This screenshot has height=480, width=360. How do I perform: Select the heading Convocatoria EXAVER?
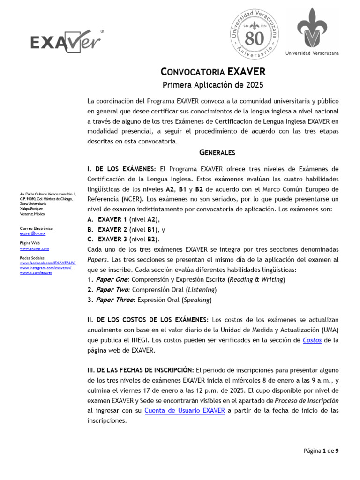pos(213,72)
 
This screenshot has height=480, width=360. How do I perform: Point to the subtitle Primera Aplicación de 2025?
pos(213,85)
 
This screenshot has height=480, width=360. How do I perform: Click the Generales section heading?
pos(217,153)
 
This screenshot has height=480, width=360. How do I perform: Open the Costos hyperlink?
pos(312,340)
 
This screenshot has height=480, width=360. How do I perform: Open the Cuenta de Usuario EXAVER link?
pos(185,411)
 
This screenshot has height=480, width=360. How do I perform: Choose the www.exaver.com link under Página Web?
pos(34,248)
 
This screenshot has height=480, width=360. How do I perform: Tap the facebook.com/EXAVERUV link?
pos(47,263)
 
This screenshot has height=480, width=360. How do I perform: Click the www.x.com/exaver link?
pos(36,272)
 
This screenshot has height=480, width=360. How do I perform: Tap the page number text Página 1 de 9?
pos(321,451)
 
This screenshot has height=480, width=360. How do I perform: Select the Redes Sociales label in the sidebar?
pos(31,258)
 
